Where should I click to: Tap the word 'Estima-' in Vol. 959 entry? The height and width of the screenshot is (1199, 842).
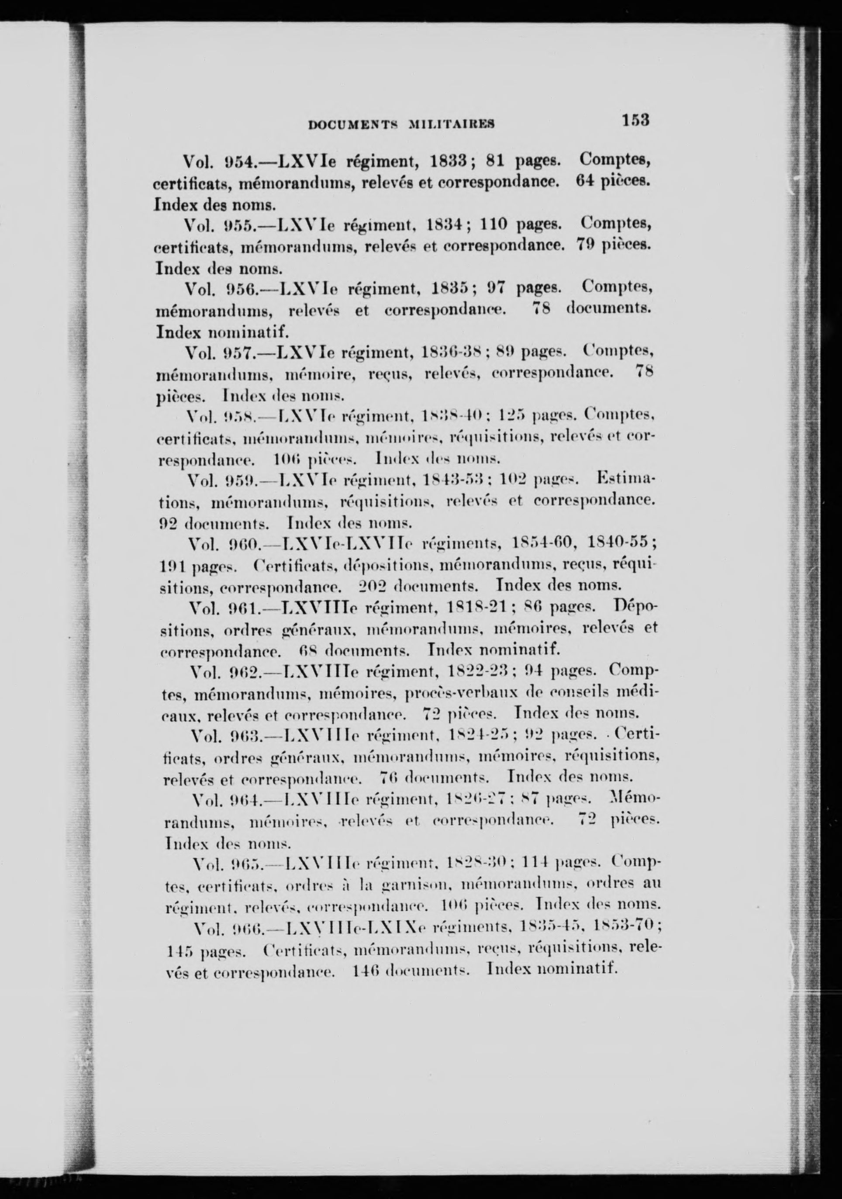click(627, 479)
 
